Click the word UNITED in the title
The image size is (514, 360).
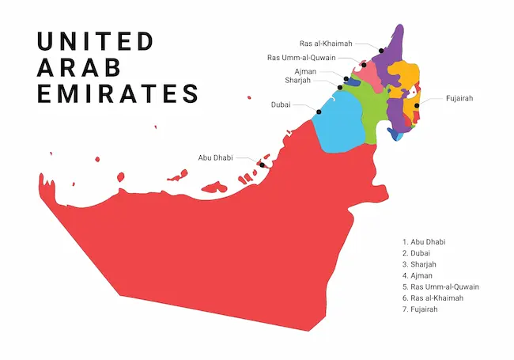[96, 41]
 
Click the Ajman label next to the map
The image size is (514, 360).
[305, 71]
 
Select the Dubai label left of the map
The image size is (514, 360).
[281, 104]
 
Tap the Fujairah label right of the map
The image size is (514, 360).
[459, 98]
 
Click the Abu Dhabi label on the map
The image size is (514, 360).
[215, 157]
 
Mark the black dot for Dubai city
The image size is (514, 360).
[319, 112]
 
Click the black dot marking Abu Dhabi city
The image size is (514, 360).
[262, 165]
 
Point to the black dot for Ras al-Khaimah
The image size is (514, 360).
[380, 51]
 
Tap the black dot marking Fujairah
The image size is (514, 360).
[416, 104]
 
